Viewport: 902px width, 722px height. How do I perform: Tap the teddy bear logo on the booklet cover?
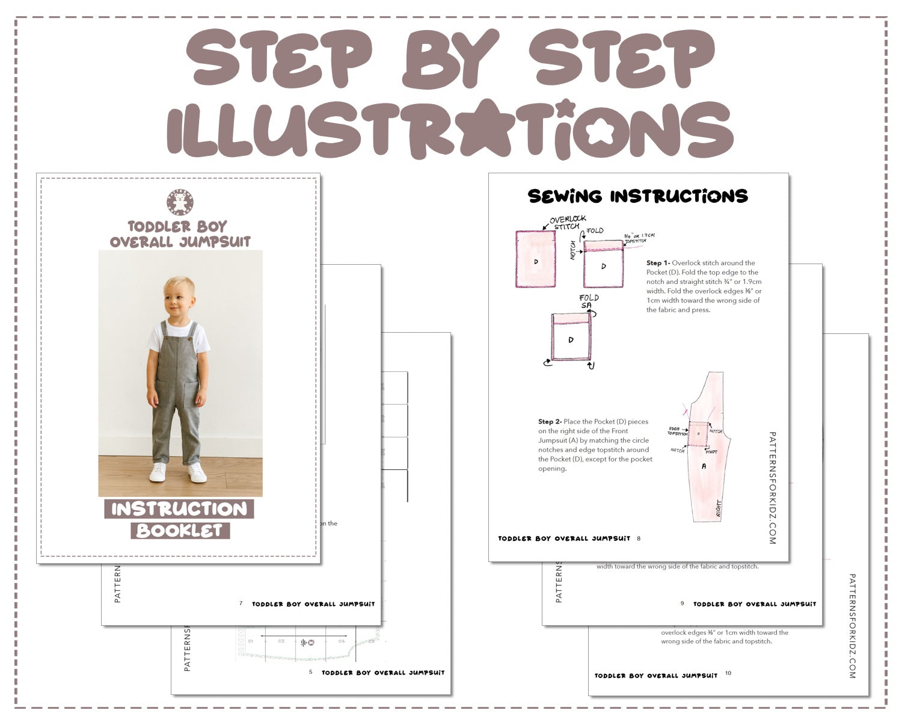click(x=180, y=203)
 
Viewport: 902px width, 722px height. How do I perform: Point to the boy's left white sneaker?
click(x=197, y=473)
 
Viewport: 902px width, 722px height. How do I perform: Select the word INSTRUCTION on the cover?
click(x=179, y=509)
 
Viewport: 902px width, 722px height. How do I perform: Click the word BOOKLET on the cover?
click(x=180, y=531)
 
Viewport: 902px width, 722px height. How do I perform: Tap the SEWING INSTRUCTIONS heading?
click(x=637, y=196)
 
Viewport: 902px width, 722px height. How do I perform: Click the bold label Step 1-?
click(x=658, y=263)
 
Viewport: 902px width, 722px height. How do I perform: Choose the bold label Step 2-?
click(x=550, y=422)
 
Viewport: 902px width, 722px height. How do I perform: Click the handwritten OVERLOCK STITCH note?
click(x=566, y=222)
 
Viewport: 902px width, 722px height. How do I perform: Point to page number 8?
click(x=639, y=538)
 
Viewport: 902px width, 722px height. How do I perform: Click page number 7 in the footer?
click(x=241, y=603)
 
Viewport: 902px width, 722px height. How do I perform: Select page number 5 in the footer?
click(x=311, y=672)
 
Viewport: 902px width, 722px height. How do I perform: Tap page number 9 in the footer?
click(x=683, y=603)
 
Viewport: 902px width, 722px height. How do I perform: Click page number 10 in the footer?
click(x=728, y=673)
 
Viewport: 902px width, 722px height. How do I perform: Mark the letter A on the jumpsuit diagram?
click(x=704, y=466)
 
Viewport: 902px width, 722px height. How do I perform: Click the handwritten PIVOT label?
click(x=711, y=451)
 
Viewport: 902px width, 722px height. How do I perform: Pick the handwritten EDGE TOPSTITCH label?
click(x=677, y=431)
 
